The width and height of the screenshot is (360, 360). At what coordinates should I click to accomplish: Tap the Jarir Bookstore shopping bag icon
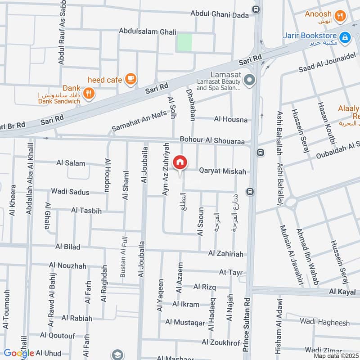tap(345, 38)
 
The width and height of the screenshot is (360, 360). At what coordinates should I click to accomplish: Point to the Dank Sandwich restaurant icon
tap(89, 93)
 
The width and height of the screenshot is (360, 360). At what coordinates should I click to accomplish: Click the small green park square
tap(184, 42)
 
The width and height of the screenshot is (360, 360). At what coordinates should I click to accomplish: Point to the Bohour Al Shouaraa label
tap(212, 141)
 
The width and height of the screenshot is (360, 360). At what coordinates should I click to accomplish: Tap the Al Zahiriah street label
tap(225, 254)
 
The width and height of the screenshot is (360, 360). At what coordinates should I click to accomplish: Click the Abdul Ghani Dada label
tap(220, 14)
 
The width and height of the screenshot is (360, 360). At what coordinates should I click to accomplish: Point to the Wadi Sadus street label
tap(70, 192)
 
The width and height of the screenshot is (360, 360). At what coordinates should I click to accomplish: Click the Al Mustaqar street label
tap(185, 322)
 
